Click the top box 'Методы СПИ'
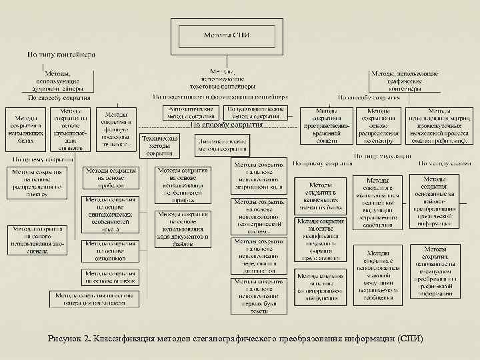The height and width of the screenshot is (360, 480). coord(226,35)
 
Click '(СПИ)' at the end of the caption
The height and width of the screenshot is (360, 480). coord(409,338)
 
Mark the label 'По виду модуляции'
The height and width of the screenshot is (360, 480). coord(378,156)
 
